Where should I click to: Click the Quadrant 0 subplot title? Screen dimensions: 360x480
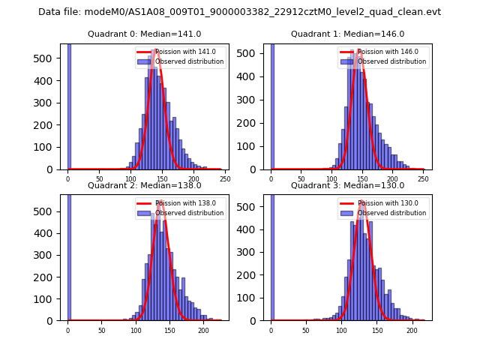[x=144, y=34]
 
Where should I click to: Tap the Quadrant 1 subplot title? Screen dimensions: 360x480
[x=347, y=34]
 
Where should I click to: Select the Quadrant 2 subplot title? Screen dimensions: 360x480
[x=144, y=185]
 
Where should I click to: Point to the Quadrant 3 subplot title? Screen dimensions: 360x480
[x=347, y=185]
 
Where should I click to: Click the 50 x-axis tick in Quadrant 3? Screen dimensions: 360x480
[x=305, y=330]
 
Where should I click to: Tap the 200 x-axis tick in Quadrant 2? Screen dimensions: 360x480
[x=203, y=330]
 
